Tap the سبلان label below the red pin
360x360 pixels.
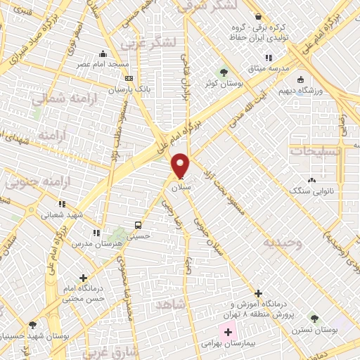[x=181, y=188]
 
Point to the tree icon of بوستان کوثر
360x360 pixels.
[x=224, y=72]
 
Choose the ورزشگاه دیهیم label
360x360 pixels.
[x=303, y=91]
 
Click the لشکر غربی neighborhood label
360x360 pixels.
[x=147, y=41]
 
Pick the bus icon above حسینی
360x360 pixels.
[x=139, y=226]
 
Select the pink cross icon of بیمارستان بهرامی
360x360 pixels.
[x=227, y=331]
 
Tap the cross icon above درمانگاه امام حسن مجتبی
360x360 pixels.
[x=84, y=278]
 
